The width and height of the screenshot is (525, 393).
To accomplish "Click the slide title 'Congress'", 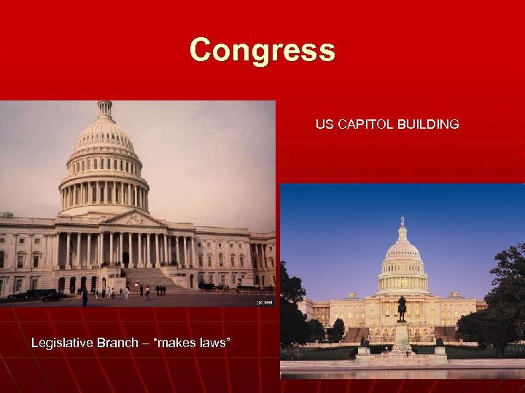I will point(262,50).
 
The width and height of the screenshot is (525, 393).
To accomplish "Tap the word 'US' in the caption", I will point(324,124).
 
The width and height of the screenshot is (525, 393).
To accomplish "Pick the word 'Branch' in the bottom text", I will point(120,342).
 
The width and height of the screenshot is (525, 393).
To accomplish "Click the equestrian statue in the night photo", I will point(401,307).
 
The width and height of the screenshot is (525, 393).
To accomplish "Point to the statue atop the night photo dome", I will point(401,220).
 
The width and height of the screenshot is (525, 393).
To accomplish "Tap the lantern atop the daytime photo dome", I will point(106,110).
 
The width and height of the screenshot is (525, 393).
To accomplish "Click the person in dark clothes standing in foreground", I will point(85,296).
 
